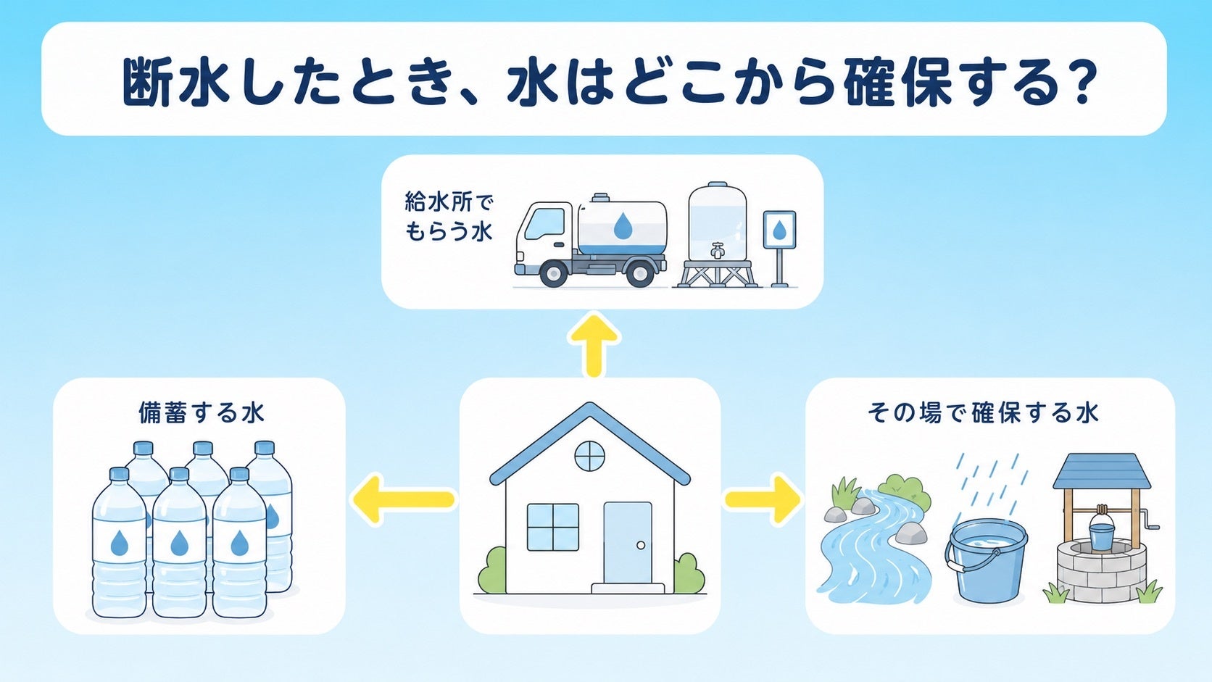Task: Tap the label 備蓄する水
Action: tap(202, 412)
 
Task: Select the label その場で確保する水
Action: tap(983, 412)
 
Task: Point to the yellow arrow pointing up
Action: tap(594, 345)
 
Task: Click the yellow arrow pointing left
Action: tap(403, 499)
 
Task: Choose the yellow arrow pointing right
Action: tap(763, 499)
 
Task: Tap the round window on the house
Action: tap(590, 456)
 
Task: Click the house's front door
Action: tap(628, 542)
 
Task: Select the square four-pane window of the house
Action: tap(553, 528)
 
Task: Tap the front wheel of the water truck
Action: tap(553, 274)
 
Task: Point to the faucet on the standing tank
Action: tap(718, 250)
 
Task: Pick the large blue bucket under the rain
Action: tap(987, 561)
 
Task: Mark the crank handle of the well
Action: tap(1151, 518)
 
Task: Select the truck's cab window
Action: tap(544, 224)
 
